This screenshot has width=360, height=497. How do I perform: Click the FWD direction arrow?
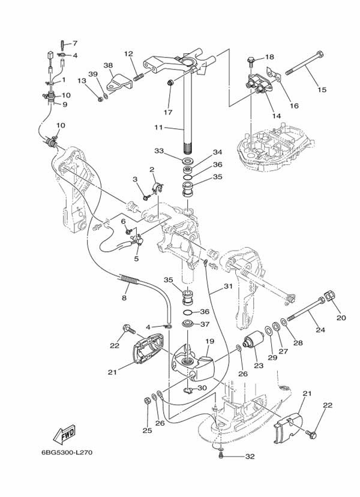tap(64, 433)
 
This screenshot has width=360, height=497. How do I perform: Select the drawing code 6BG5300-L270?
tap(67, 452)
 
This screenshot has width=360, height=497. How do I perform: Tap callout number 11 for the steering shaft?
tap(158, 128)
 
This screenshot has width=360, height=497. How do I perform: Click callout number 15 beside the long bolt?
tap(322, 90)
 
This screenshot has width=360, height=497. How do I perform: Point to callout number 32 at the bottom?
tap(250, 456)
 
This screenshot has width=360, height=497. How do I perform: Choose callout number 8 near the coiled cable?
tap(124, 298)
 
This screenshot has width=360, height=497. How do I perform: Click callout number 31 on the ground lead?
tap(228, 286)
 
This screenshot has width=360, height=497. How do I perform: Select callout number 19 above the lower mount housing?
tap(209, 341)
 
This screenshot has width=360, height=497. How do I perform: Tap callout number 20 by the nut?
tap(341, 318)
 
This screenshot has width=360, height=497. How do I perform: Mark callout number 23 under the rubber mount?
tap(259, 366)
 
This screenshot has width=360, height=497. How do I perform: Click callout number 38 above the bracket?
tap(108, 65)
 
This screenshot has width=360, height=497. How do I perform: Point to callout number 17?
tap(168, 112)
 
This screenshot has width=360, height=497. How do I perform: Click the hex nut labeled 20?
tap(329, 296)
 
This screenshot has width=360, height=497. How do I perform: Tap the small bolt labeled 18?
tap(251, 61)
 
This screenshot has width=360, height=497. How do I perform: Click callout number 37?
tap(205, 324)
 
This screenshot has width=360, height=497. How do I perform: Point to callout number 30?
tap(202, 388)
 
